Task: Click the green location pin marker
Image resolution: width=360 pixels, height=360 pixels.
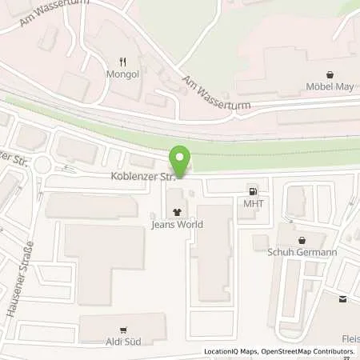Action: (x=180, y=161)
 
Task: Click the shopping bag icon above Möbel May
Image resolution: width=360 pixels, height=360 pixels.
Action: (x=330, y=74)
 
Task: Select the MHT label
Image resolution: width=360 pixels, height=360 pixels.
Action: (x=254, y=203)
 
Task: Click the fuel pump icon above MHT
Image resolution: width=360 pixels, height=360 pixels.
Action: (x=254, y=191)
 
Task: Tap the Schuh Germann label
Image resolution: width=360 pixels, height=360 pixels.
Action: (x=302, y=251)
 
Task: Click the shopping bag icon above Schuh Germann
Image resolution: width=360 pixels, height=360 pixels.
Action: (x=302, y=239)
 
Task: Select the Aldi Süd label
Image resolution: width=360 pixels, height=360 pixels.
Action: (x=122, y=342)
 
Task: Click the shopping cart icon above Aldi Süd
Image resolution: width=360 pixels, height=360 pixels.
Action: (x=122, y=330)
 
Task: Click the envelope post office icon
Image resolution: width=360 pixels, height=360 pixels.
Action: (x=343, y=299)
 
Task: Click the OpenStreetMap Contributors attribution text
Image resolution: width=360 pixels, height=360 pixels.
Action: (x=313, y=351)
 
